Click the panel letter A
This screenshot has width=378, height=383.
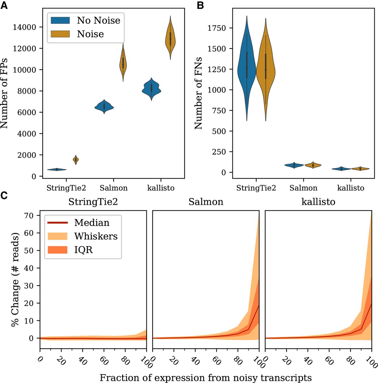[4, 6]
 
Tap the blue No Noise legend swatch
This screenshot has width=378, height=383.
[60, 20]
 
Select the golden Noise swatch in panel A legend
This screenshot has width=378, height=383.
[60, 34]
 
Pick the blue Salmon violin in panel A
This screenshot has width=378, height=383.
[104, 107]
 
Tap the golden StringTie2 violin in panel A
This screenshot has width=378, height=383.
[76, 159]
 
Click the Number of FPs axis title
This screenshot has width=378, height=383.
[4, 93]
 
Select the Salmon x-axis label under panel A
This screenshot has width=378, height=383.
[113, 188]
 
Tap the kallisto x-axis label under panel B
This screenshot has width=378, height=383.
[350, 188]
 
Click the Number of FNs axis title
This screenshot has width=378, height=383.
[198, 93]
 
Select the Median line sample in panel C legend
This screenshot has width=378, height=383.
[58, 223]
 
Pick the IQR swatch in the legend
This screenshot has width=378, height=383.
[58, 250]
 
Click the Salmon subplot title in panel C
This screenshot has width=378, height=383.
[206, 202]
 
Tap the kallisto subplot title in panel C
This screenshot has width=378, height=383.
[318, 202]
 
